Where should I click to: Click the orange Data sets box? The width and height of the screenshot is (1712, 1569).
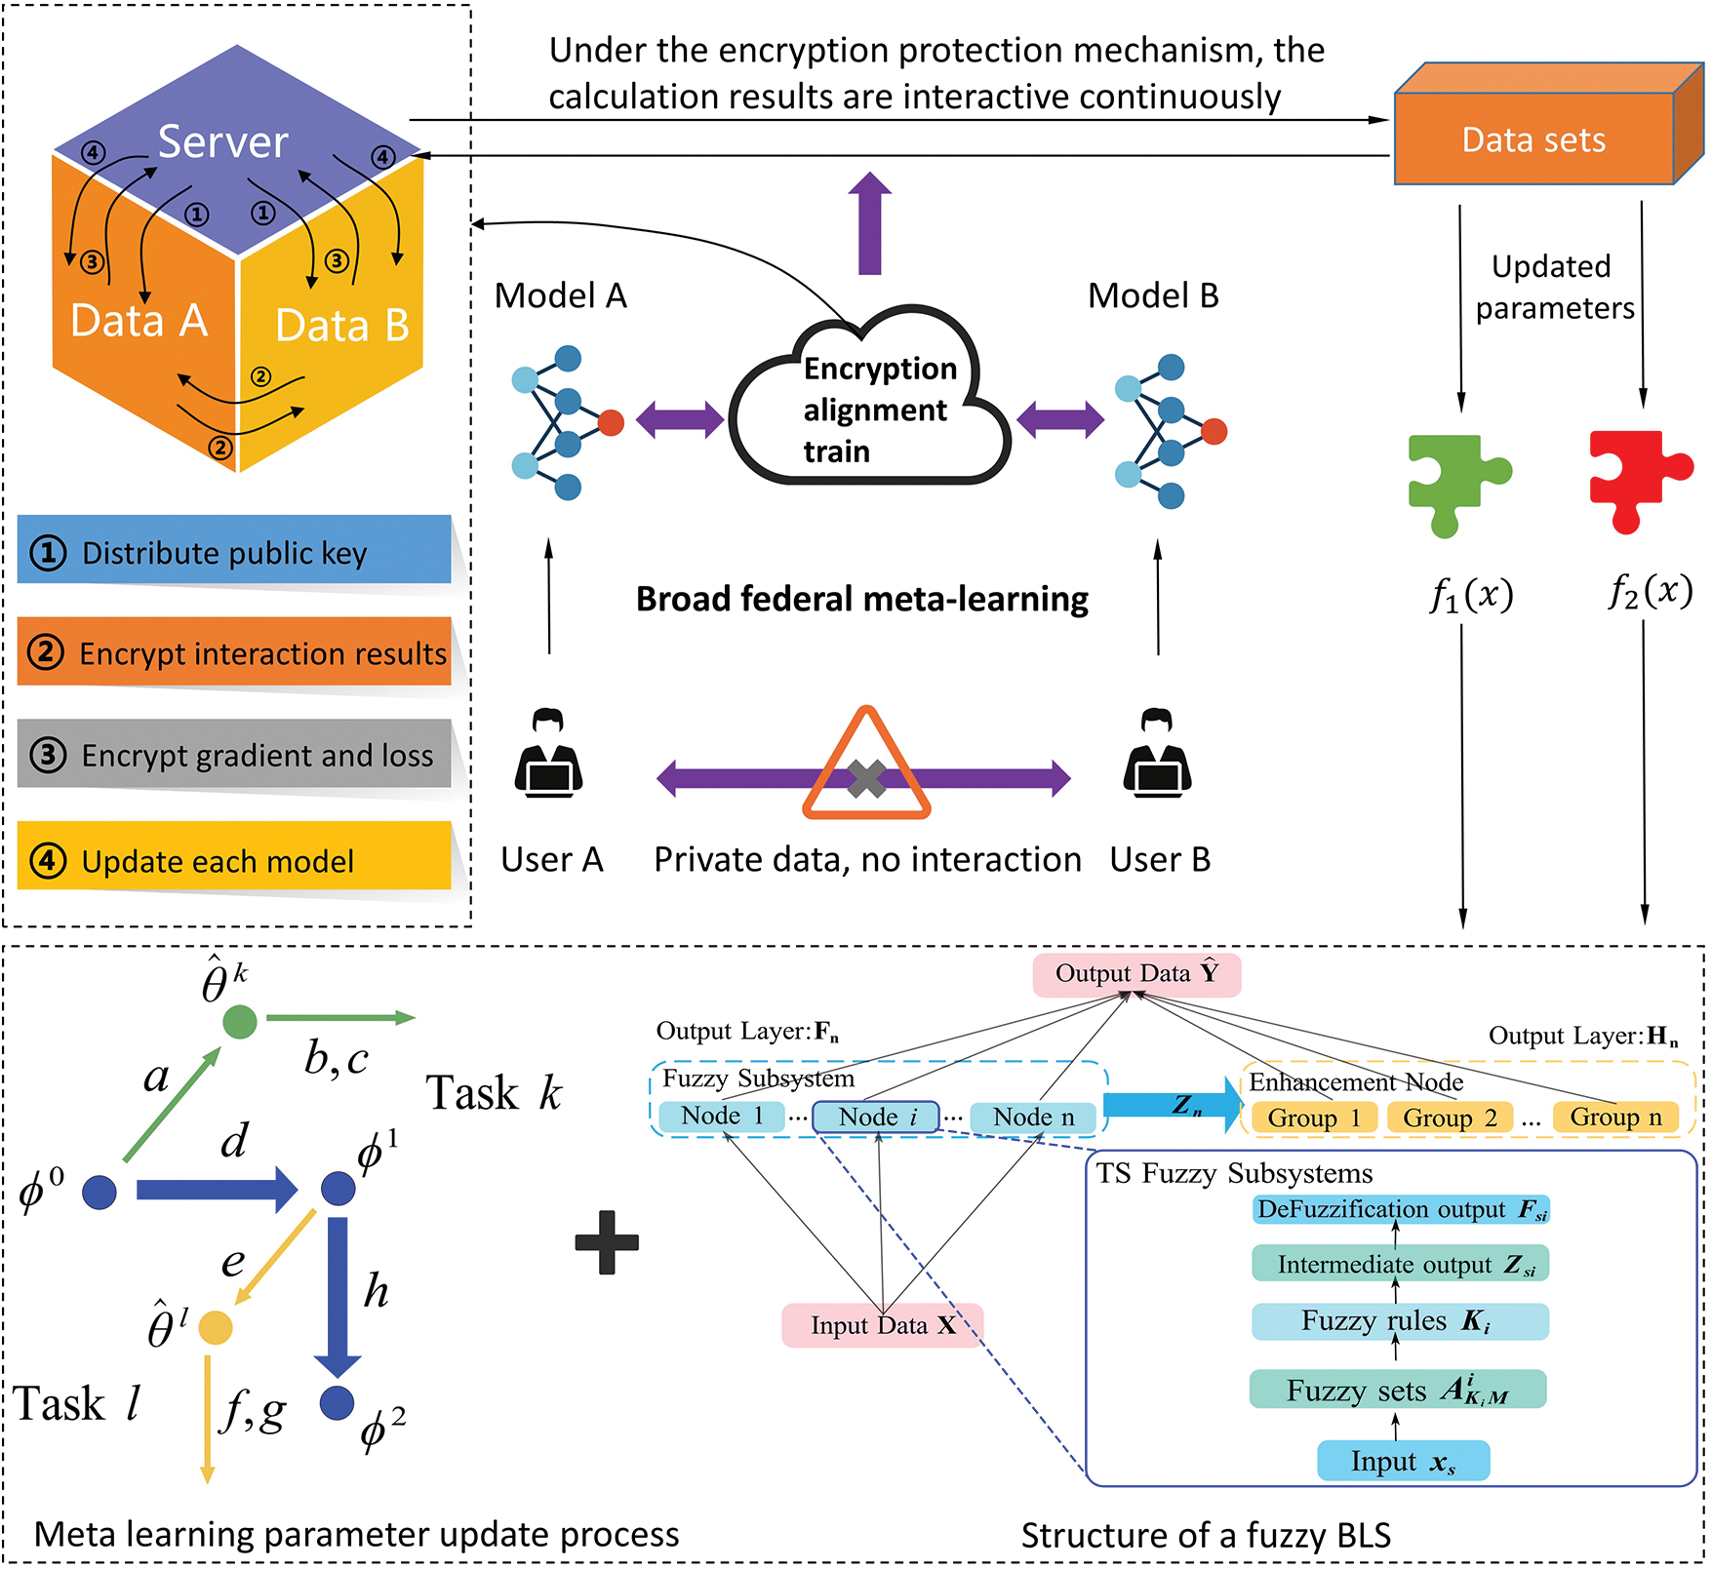click(1533, 138)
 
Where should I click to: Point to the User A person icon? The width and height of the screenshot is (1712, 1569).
click(548, 755)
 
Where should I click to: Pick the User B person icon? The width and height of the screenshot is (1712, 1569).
click(1157, 755)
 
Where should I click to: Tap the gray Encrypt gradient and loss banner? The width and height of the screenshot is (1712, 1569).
click(234, 754)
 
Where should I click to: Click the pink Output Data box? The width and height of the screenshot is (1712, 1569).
click(1136, 974)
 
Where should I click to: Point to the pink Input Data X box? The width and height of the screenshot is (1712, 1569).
click(882, 1325)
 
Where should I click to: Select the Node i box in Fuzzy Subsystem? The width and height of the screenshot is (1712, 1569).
click(876, 1117)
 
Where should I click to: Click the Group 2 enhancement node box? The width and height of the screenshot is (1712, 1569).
click(1449, 1118)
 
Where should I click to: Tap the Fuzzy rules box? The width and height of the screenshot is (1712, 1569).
click(1399, 1321)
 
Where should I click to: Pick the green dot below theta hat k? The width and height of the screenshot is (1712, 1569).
click(240, 1021)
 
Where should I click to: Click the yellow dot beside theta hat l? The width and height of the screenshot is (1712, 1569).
click(216, 1327)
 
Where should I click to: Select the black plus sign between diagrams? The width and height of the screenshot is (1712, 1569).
click(607, 1242)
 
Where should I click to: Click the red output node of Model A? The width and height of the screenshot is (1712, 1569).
click(611, 422)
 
